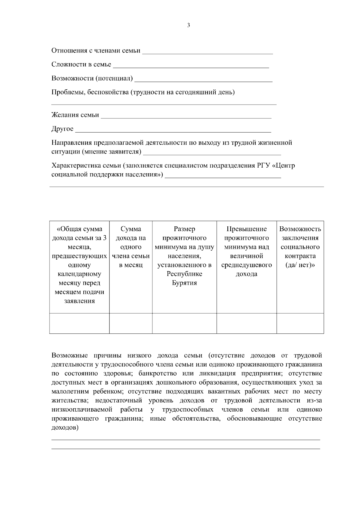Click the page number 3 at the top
pyautogui.click(x=188, y=25)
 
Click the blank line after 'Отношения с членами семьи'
pyautogui.click(x=207, y=53)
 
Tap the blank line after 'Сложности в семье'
pyautogui.click(x=191, y=67)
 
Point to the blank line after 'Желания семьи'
pyautogui.click(x=186, y=117)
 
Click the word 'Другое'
pyautogui.click(x=62, y=129)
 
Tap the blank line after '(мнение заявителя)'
pyautogui.click(x=212, y=154)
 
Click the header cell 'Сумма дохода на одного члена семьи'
pyautogui.click(x=131, y=247)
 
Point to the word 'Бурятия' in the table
pyautogui.click(x=184, y=283)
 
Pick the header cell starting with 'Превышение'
pyautogui.click(x=247, y=251)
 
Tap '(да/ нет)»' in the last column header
pyautogui.click(x=300, y=265)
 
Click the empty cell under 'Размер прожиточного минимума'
pyautogui.click(x=184, y=323)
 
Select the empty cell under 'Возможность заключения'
pyautogui.click(x=300, y=323)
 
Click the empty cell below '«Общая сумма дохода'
pyautogui.click(x=79, y=323)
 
